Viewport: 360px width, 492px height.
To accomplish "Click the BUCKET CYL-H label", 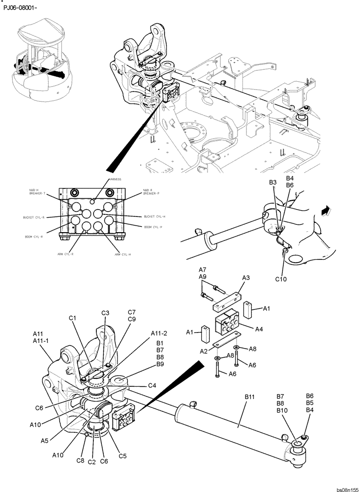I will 155,216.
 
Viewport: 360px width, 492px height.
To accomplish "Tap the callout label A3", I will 246,277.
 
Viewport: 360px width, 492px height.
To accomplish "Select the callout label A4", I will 260,328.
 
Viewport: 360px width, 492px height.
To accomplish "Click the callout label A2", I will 203,351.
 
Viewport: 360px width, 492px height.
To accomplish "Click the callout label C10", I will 281,279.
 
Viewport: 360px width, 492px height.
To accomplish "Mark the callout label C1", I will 73,318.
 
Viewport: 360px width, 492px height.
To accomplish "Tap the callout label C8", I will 80,461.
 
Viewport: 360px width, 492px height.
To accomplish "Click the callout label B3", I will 273,183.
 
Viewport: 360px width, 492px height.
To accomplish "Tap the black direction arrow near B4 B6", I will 324,211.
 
